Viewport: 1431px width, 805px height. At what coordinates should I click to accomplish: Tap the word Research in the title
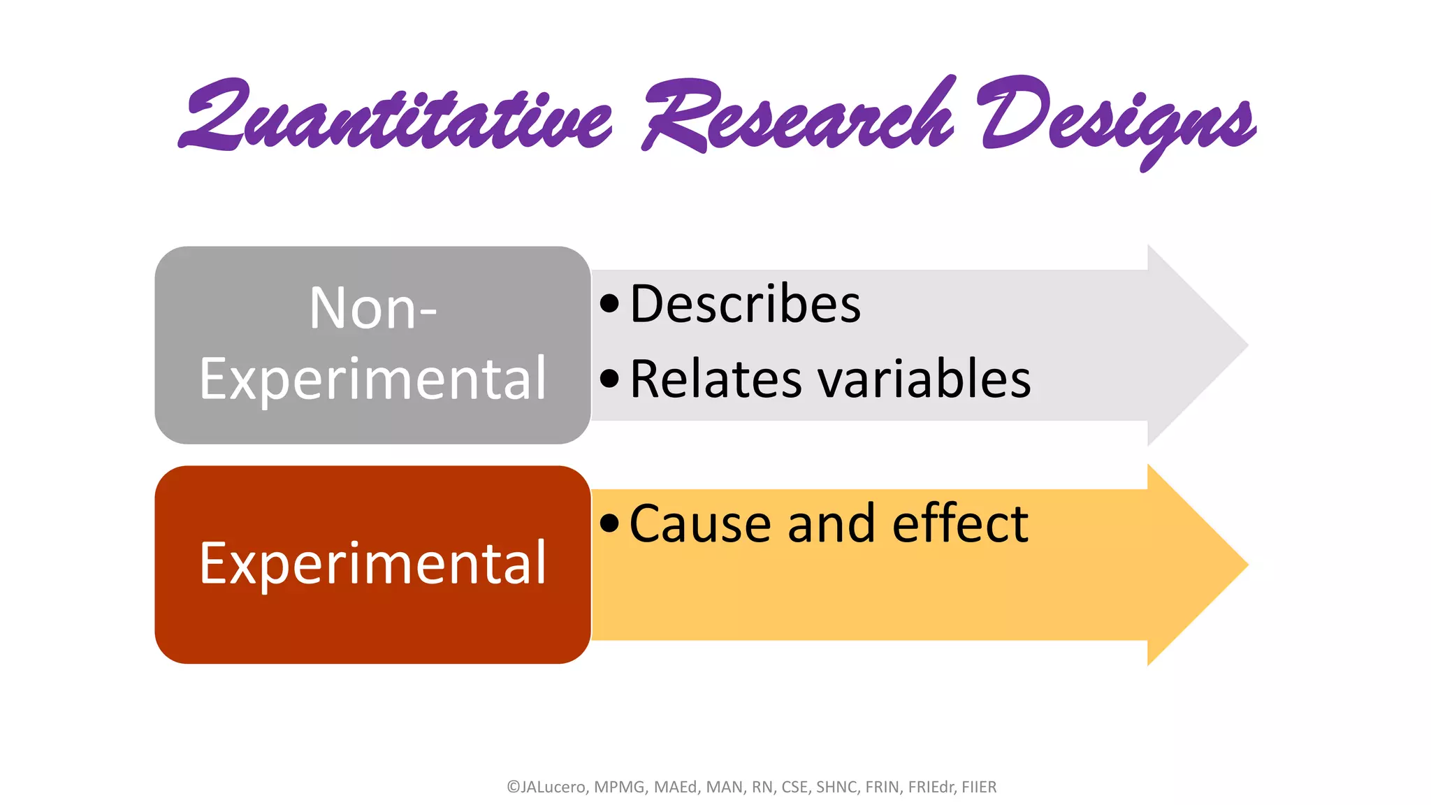797,115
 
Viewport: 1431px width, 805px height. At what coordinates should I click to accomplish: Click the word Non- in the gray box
373,308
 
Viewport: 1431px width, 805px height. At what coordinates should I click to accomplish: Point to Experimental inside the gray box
373,379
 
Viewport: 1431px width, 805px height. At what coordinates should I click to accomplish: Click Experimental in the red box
373,563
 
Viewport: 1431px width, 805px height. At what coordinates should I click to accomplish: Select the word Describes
745,305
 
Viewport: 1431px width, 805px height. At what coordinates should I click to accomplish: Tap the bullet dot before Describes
609,303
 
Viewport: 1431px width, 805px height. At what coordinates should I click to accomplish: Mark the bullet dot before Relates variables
609,379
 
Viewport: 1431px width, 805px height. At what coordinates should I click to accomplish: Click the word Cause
699,524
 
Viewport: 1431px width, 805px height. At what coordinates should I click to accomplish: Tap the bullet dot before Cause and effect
609,523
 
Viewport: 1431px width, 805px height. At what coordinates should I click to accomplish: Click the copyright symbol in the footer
513,787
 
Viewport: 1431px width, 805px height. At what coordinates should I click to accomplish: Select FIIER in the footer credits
978,787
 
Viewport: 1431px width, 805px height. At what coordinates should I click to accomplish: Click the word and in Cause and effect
831,524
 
